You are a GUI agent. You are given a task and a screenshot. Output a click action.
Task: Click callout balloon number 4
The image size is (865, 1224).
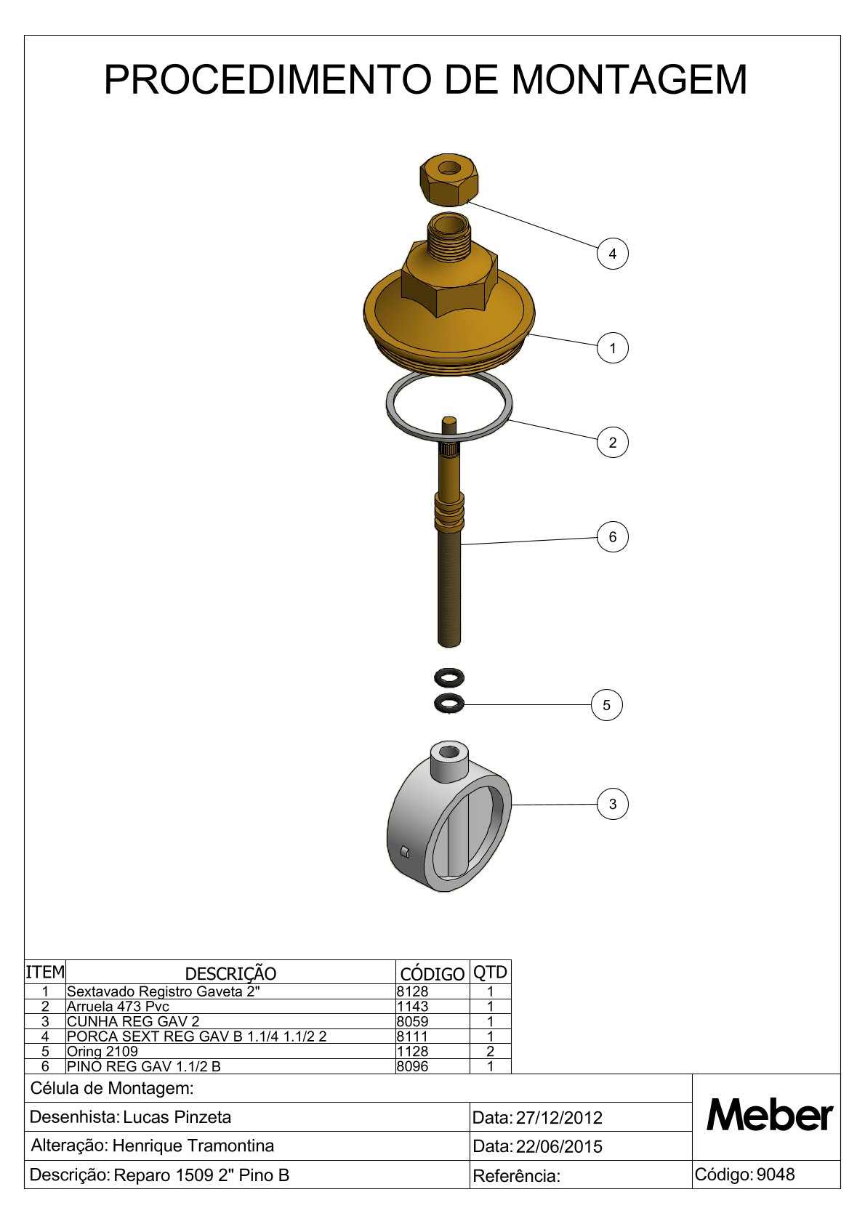(x=612, y=254)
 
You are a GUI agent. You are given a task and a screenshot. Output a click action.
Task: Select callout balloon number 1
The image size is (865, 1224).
(x=612, y=348)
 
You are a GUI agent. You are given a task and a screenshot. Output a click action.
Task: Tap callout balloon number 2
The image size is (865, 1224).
(x=612, y=443)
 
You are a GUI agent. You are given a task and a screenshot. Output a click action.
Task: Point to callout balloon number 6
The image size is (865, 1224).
(x=612, y=536)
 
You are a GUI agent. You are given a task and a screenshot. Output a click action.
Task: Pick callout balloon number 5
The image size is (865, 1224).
(x=606, y=705)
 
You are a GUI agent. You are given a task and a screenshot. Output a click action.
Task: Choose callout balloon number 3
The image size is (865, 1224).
(x=612, y=804)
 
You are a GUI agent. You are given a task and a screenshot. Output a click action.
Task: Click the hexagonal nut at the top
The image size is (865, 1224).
(x=448, y=180)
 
